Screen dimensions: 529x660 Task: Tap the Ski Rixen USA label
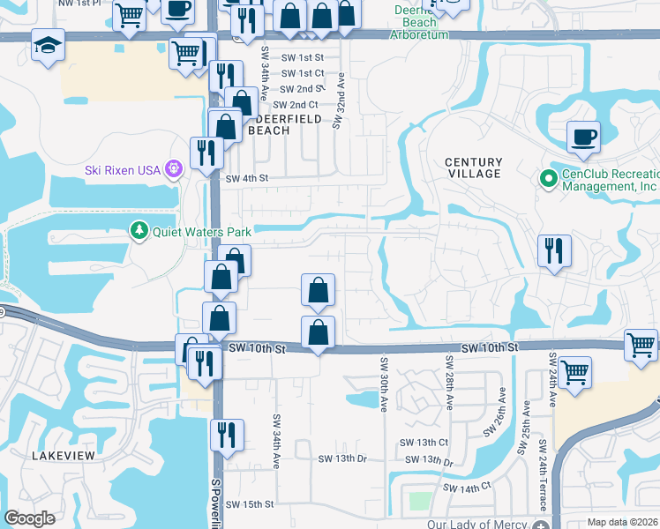pos(124,169)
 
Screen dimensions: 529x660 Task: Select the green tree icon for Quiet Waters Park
pos(139,232)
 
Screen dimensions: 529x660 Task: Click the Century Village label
pos(473,168)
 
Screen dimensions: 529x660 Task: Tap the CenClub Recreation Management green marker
pos(548,178)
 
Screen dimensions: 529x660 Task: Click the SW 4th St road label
pos(246,178)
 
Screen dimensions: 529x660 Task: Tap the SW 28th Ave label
pos(449,384)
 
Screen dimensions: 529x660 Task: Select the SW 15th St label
pos(250,504)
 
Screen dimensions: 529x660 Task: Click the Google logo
pos(30,518)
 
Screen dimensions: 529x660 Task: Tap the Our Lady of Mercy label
pos(476,524)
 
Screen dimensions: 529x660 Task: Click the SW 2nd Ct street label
pos(294,105)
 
